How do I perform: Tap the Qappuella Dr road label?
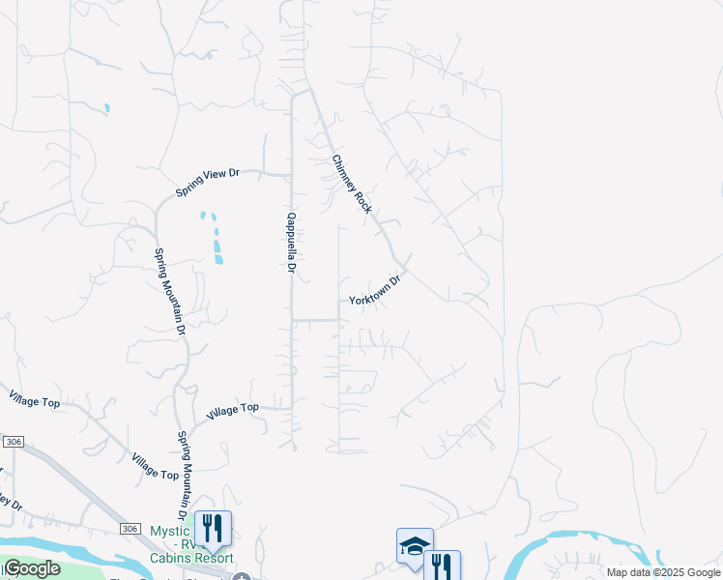pos(289,243)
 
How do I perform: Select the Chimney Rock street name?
pos(352,184)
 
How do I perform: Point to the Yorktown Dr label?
pos(375,289)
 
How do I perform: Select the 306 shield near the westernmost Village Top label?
pos(13,442)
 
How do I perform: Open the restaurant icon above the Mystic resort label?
pos(213,529)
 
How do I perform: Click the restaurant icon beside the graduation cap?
pos(442,565)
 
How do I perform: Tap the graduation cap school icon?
pos(415,545)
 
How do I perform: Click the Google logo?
pos(32,568)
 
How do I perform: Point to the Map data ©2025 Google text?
pos(664,572)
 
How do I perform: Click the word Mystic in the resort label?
pos(172,532)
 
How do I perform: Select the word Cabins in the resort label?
pos(173,558)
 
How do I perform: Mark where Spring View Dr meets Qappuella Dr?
pos(292,176)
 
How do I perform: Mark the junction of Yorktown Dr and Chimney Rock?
pos(405,262)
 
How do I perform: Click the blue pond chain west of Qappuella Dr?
pos(214,237)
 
